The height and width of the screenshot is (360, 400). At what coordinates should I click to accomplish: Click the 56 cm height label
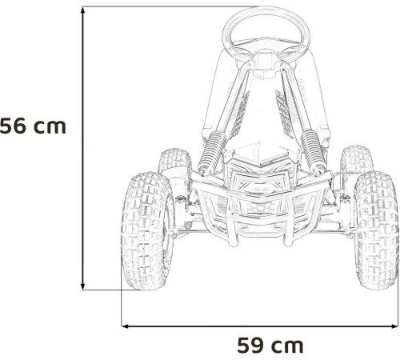coord(33,126)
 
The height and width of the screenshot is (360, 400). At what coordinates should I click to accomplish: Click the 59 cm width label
coord(270,346)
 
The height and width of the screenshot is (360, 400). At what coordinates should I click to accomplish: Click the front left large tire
coord(147,231)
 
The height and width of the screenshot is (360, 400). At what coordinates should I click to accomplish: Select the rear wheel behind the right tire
coord(358,161)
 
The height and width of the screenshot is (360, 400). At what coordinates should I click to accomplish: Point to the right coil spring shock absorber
coord(312,151)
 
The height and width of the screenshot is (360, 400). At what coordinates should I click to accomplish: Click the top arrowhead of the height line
coord(83,10)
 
